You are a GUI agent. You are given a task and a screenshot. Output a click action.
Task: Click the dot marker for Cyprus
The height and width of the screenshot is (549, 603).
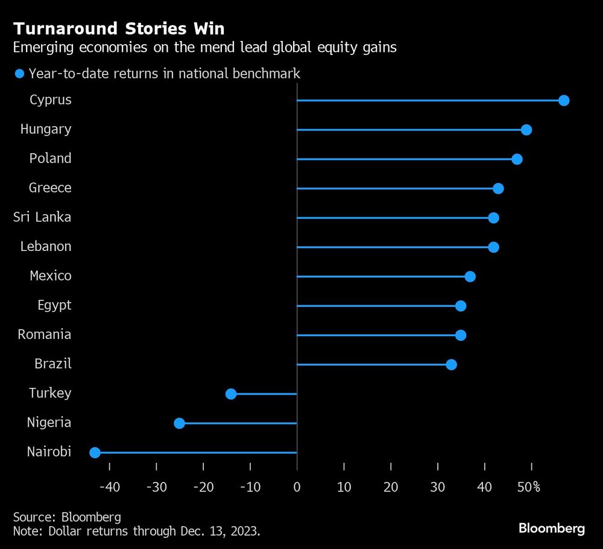564,100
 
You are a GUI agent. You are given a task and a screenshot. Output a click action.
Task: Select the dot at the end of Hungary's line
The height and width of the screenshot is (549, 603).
526,130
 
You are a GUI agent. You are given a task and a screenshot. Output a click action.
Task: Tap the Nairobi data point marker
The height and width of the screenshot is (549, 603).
95,452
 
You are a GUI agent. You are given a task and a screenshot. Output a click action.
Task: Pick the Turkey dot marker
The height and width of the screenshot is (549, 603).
231,394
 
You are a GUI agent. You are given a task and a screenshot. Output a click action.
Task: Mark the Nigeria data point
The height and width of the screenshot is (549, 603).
179,423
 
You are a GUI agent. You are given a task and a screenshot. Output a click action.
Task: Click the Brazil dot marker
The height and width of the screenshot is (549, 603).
451,364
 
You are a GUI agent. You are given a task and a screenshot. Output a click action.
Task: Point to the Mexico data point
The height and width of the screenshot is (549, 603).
470,276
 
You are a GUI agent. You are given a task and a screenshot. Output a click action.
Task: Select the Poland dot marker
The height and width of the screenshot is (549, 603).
517,159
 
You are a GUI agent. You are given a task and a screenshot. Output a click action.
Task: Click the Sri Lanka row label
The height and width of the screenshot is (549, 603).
42,217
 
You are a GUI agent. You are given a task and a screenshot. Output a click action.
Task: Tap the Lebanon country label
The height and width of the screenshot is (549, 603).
46,246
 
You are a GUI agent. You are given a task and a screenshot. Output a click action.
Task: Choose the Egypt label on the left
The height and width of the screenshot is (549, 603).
54,305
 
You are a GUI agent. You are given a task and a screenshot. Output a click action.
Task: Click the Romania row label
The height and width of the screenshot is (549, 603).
45,334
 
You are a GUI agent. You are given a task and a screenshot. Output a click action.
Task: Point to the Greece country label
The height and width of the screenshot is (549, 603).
50,188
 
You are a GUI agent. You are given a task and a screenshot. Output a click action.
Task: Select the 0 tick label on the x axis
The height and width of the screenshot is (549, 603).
297,486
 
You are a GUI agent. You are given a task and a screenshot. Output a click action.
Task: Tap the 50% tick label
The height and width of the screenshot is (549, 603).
529,486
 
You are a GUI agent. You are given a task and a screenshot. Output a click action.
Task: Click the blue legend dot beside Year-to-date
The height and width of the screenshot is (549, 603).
19,74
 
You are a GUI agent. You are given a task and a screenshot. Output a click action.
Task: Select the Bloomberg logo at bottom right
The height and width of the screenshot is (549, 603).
551,528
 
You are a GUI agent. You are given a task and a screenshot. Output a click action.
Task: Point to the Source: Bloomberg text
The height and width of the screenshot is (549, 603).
67,517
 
